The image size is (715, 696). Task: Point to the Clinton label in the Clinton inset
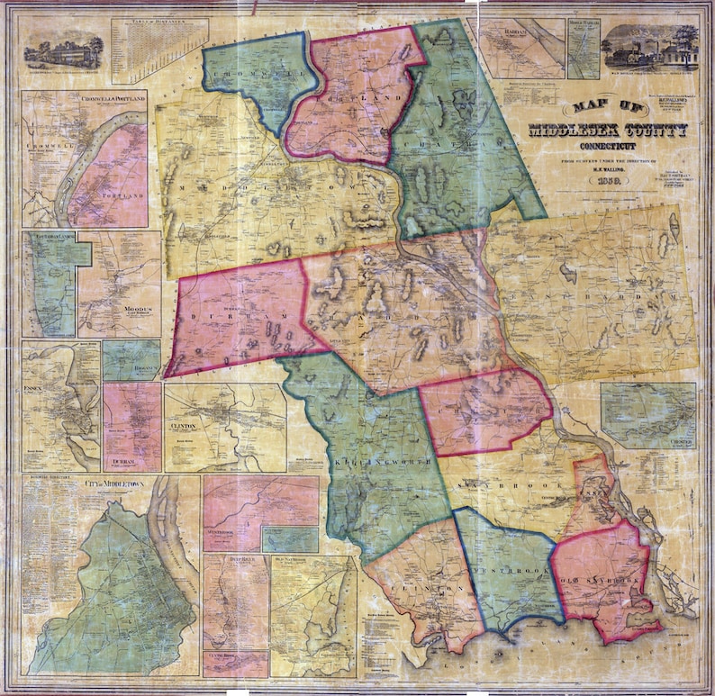pyautogui.click(x=184, y=423)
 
